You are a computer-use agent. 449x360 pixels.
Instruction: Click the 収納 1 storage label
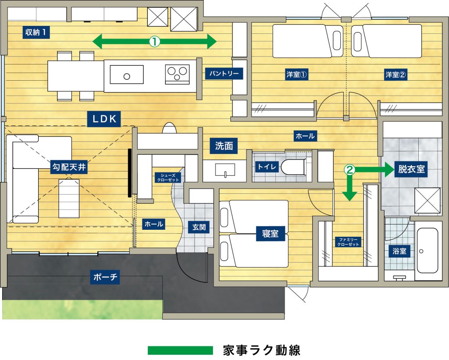[36, 32]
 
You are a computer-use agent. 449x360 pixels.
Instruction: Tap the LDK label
[104, 119]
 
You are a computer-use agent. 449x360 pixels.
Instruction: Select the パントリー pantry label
[224, 74]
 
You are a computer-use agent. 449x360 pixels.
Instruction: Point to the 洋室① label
[296, 75]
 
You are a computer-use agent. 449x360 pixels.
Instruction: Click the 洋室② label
[396, 75]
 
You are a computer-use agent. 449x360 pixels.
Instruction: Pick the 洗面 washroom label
[224, 146]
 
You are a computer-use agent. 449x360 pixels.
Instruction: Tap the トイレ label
[267, 167]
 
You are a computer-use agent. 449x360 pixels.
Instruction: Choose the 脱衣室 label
[411, 169]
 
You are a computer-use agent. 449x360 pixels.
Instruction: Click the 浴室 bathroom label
[399, 251]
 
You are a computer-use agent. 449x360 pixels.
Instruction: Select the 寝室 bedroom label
[270, 233]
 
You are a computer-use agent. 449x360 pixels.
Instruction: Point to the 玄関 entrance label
[199, 228]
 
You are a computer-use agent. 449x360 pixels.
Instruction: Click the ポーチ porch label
[105, 277]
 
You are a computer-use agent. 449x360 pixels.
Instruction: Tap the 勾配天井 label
[69, 167]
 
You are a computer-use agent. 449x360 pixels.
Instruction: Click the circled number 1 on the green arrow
[154, 42]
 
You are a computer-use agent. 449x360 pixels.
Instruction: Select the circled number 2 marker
[349, 170]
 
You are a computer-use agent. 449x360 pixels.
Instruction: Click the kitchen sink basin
[127, 75]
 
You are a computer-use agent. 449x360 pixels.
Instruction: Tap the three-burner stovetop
[177, 74]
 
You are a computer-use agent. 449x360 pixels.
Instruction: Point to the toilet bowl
[292, 167]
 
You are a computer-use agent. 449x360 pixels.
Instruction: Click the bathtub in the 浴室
[427, 250]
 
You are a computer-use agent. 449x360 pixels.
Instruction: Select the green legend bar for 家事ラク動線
[180, 350]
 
